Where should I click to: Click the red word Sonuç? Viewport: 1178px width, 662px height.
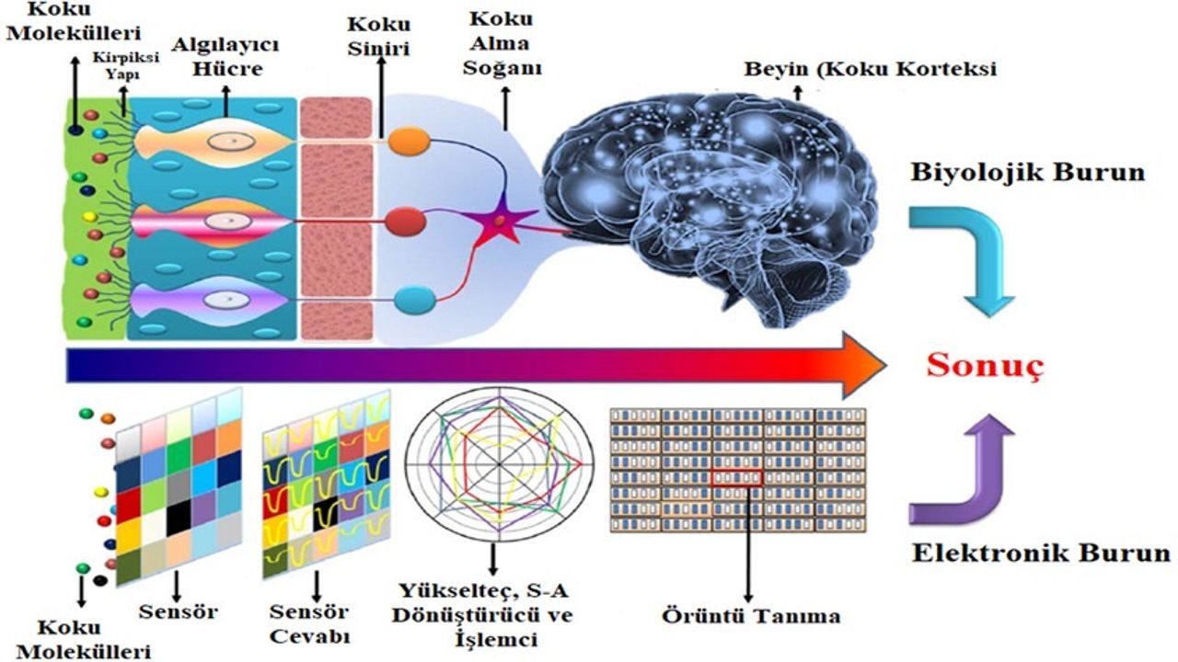point(985,366)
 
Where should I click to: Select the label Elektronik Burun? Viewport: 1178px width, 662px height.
point(1041,554)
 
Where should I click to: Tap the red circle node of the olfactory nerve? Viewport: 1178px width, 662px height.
point(404,222)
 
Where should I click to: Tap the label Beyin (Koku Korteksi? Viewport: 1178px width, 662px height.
point(871,69)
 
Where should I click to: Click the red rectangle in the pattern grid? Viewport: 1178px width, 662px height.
point(737,476)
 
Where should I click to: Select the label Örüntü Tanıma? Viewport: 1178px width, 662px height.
point(751,615)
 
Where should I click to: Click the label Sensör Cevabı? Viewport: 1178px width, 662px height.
point(307,622)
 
